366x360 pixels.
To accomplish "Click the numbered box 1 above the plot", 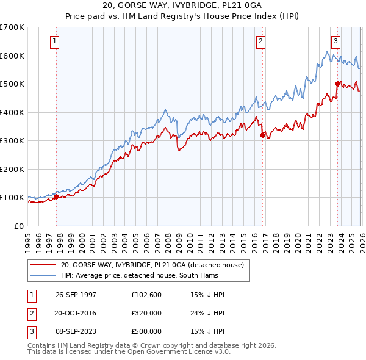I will (55, 41).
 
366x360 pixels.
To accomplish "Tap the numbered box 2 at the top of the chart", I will (260, 41).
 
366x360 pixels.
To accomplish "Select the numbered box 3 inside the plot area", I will (335, 41).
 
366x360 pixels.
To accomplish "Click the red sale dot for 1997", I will (56, 196).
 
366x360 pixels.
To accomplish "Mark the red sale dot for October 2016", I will (262, 135).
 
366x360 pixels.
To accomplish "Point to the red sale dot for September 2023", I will (337, 84).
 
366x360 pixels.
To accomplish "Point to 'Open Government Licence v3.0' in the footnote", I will (179, 352).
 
